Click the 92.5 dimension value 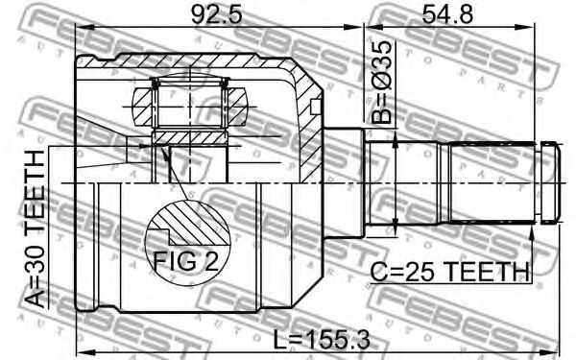[217, 14]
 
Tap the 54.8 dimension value [447, 14]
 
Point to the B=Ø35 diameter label [380, 82]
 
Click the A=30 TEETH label [35, 228]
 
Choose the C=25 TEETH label [449, 273]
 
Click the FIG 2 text [185, 261]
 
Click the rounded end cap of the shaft [550, 182]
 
